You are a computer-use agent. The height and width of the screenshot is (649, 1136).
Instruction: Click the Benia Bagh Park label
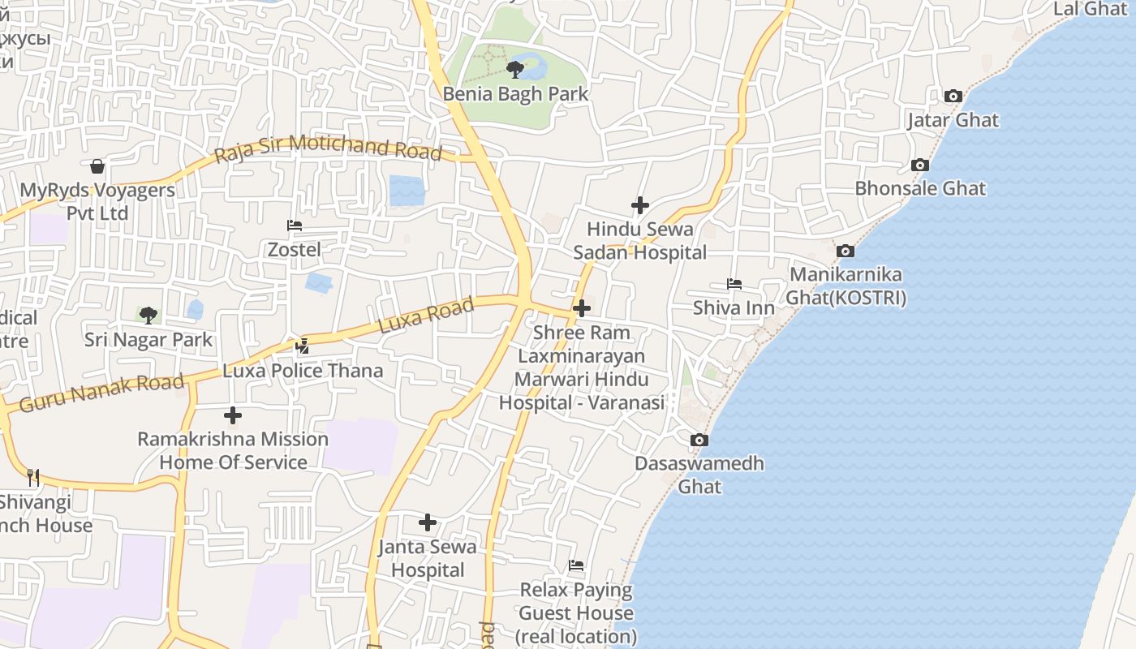click(x=515, y=94)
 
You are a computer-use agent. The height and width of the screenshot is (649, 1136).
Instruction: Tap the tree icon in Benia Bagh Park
click(x=514, y=69)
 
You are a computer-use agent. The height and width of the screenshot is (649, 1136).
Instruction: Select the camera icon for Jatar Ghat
click(x=953, y=96)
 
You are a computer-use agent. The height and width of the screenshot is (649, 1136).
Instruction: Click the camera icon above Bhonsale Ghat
click(x=919, y=165)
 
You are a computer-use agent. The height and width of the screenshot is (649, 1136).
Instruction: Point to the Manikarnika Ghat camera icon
click(x=846, y=251)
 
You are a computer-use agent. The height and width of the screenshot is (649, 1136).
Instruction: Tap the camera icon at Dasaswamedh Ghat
click(x=699, y=440)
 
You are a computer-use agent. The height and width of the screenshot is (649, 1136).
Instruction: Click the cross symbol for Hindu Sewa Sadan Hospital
click(x=640, y=205)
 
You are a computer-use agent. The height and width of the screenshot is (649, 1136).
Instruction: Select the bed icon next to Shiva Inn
click(x=734, y=284)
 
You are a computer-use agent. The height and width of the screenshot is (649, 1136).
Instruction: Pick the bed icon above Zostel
click(x=295, y=225)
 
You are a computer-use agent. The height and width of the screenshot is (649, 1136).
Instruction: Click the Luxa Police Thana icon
click(x=303, y=346)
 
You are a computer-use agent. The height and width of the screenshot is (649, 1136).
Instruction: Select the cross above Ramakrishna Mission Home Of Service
click(x=233, y=415)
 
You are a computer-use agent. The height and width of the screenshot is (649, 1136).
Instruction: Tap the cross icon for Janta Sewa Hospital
click(x=428, y=522)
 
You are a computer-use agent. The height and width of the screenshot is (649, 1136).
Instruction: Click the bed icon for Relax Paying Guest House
click(x=576, y=565)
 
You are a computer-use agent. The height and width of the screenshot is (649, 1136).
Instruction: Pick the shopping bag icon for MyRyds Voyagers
click(x=97, y=166)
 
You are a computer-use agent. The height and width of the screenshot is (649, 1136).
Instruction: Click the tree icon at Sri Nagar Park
click(x=148, y=315)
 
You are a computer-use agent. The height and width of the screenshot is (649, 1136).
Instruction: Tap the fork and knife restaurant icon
click(x=33, y=477)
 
